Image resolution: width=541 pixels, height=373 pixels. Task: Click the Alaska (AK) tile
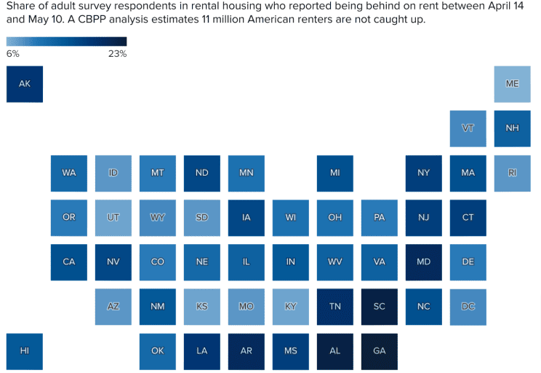click(25, 84)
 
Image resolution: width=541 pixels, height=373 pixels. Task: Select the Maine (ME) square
click(512, 84)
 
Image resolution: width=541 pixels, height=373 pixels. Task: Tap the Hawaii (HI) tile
click(25, 350)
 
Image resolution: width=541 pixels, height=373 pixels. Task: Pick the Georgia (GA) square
click(379, 350)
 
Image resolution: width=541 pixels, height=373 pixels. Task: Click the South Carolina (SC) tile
click(379, 306)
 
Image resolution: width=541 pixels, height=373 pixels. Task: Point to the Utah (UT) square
click(113, 217)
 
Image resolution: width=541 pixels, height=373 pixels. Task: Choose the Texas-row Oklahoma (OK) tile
click(157, 350)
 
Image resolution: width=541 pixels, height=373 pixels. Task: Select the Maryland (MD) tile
click(423, 262)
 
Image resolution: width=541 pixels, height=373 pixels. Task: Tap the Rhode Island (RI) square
click(512, 173)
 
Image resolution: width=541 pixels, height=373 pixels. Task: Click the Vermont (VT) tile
click(468, 128)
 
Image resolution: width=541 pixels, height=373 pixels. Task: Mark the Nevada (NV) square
click(113, 262)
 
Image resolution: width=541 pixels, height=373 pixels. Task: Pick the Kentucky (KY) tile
click(290, 306)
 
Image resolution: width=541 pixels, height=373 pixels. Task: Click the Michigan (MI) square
click(334, 173)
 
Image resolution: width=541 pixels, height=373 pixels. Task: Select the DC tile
click(468, 306)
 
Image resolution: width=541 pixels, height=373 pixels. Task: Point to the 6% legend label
click(13, 54)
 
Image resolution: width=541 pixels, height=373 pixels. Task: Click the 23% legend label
click(118, 54)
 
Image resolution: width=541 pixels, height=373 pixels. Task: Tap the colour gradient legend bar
click(66, 42)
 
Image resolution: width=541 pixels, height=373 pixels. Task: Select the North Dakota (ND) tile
click(201, 173)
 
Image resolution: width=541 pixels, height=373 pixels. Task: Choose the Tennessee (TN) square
click(334, 306)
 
